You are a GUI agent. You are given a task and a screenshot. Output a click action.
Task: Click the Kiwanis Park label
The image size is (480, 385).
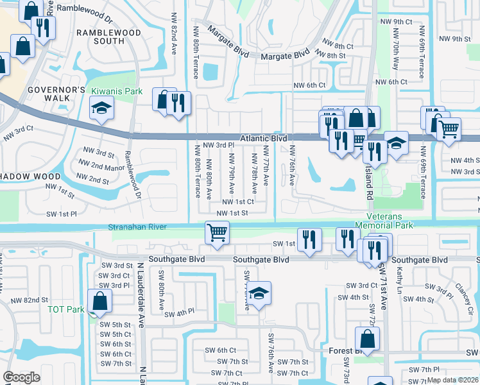(x=116, y=92)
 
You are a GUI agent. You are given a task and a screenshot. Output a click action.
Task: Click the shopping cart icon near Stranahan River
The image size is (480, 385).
(x=218, y=232)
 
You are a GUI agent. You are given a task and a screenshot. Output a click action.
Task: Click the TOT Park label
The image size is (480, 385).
(x=66, y=309)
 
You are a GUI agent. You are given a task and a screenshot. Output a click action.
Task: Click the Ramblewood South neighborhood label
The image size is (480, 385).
(x=100, y=37)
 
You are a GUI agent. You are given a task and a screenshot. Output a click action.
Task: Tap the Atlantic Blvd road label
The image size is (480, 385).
(x=263, y=138)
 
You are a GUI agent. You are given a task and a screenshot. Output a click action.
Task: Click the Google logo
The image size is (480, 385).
(x=21, y=377)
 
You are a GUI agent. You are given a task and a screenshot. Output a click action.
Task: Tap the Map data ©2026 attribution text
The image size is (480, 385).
(x=452, y=380)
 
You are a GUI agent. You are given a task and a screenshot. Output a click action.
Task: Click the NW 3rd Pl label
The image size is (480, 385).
(x=218, y=146)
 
